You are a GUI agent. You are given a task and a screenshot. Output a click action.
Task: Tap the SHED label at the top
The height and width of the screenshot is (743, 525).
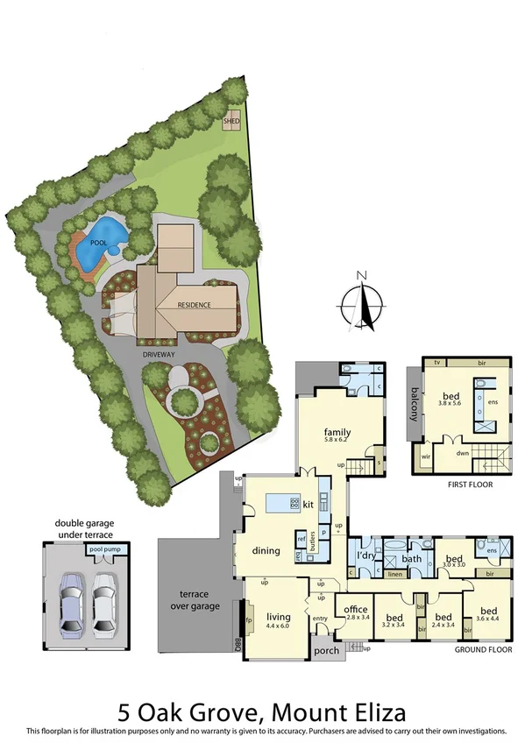pyautogui.click(x=232, y=121)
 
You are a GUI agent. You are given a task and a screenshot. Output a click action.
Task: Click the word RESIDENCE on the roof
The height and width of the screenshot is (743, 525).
pyautogui.click(x=195, y=305)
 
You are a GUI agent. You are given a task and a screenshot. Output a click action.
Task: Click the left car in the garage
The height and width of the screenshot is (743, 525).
pyautogui.click(x=70, y=604)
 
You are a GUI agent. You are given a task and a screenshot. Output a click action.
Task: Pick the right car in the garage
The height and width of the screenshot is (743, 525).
pyautogui.click(x=104, y=604)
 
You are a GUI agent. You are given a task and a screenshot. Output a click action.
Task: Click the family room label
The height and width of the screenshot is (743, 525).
pyautogui.click(x=337, y=432)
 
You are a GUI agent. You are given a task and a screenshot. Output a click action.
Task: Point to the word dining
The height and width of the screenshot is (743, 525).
pyautogui.click(x=265, y=551)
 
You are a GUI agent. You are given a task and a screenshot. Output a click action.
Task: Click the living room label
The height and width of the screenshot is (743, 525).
pyautogui.click(x=279, y=617)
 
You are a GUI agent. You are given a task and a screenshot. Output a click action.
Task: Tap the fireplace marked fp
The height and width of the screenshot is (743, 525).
pyautogui.click(x=248, y=619)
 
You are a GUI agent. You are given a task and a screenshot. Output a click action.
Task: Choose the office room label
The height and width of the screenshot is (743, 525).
pyautogui.click(x=355, y=609)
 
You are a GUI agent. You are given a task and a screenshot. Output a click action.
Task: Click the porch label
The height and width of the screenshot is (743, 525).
pyautogui.click(x=326, y=650)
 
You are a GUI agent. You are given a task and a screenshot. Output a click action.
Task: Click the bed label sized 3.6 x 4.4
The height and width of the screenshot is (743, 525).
pyautogui.click(x=486, y=611)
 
